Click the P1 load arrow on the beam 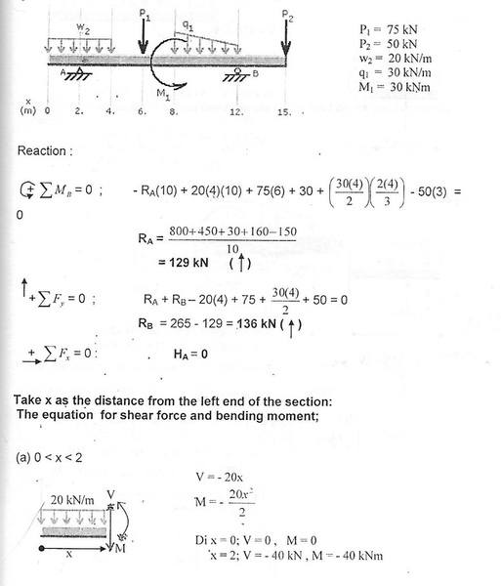144,35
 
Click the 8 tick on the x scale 174,110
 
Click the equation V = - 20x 226,476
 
